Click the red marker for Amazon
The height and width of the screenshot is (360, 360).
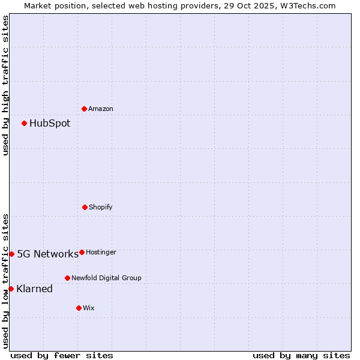coord(84,109)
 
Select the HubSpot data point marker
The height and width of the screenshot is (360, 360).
coord(24,124)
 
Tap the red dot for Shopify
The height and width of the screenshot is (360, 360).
coord(85,207)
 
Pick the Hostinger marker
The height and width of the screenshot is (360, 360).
coord(82,252)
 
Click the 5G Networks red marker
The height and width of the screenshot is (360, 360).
coord(11,254)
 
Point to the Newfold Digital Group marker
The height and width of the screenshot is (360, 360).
coord(67,278)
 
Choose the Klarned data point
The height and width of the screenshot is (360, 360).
coord(11,289)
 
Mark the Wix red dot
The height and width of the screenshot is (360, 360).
coord(79,308)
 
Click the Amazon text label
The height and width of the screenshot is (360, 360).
coord(101,109)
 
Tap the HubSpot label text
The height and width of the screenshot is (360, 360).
coord(50,124)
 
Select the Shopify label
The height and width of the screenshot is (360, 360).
coord(101,208)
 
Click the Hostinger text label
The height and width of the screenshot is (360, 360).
coord(101,253)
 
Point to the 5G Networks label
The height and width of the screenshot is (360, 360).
coord(47,254)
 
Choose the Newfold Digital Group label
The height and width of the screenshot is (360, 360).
coord(106,278)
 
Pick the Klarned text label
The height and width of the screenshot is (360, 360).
coord(34,289)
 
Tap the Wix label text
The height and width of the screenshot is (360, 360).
coord(89,308)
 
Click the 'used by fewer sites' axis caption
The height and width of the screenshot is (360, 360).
coord(62,355)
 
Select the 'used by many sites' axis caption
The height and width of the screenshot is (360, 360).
coord(301,355)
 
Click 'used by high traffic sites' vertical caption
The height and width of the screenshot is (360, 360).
coord(5,85)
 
